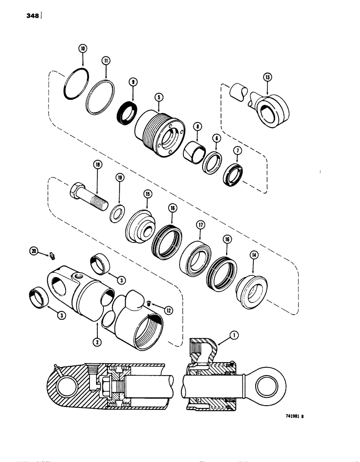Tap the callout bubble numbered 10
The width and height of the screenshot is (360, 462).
83,48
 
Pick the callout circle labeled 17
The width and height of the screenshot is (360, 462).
200,225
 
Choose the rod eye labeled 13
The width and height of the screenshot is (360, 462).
270,111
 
